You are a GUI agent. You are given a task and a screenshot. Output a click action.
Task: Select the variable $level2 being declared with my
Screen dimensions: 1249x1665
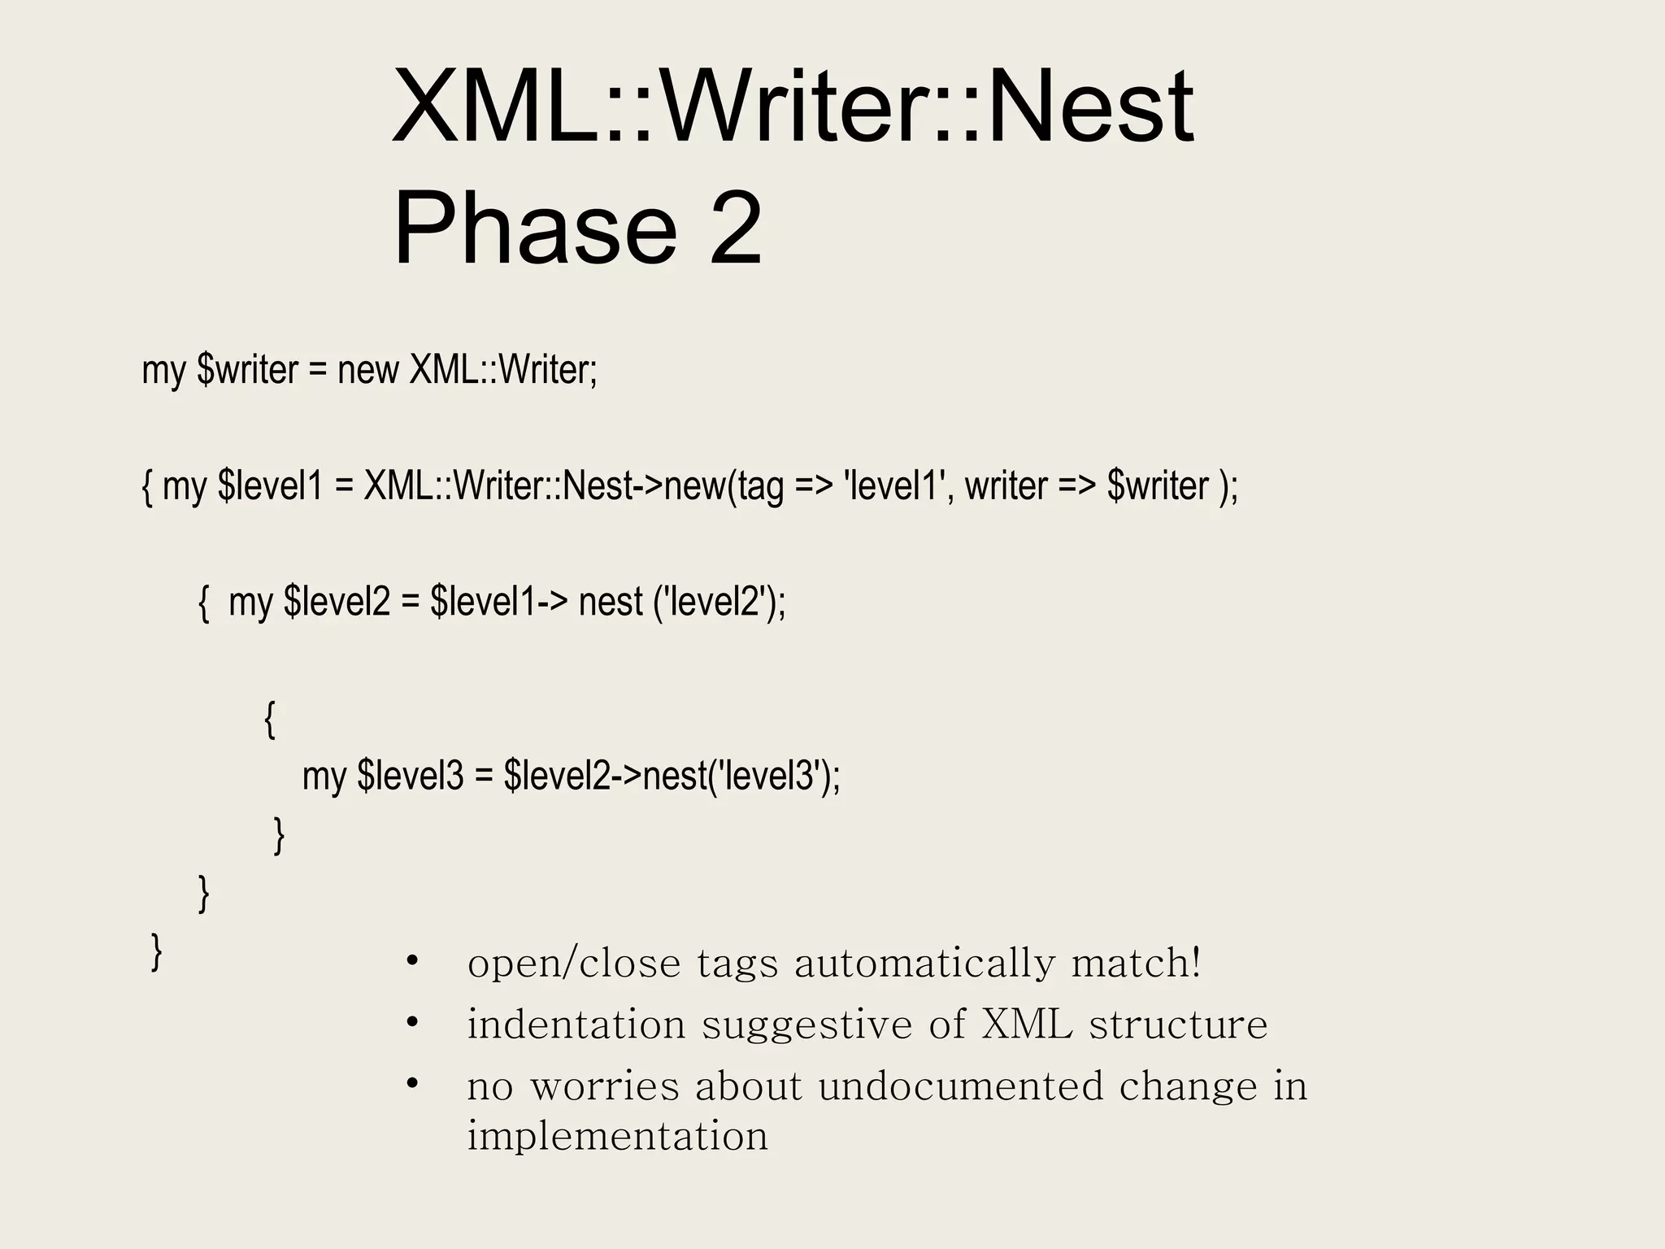[337, 603]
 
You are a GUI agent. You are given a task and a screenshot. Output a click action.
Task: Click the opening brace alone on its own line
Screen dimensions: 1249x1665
[270, 720]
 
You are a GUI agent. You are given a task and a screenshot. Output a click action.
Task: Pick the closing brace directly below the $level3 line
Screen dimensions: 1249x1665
[279, 835]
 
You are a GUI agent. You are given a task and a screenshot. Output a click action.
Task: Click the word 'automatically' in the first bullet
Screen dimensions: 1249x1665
[924, 964]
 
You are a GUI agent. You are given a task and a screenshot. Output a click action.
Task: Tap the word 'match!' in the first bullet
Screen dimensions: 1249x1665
[1136, 964]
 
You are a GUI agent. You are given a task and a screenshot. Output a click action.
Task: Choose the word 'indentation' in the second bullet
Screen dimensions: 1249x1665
[576, 1025]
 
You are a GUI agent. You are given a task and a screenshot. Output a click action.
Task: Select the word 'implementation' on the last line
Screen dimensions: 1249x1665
[617, 1136]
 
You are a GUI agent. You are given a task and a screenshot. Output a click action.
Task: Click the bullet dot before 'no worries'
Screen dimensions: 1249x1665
[412, 1083]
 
